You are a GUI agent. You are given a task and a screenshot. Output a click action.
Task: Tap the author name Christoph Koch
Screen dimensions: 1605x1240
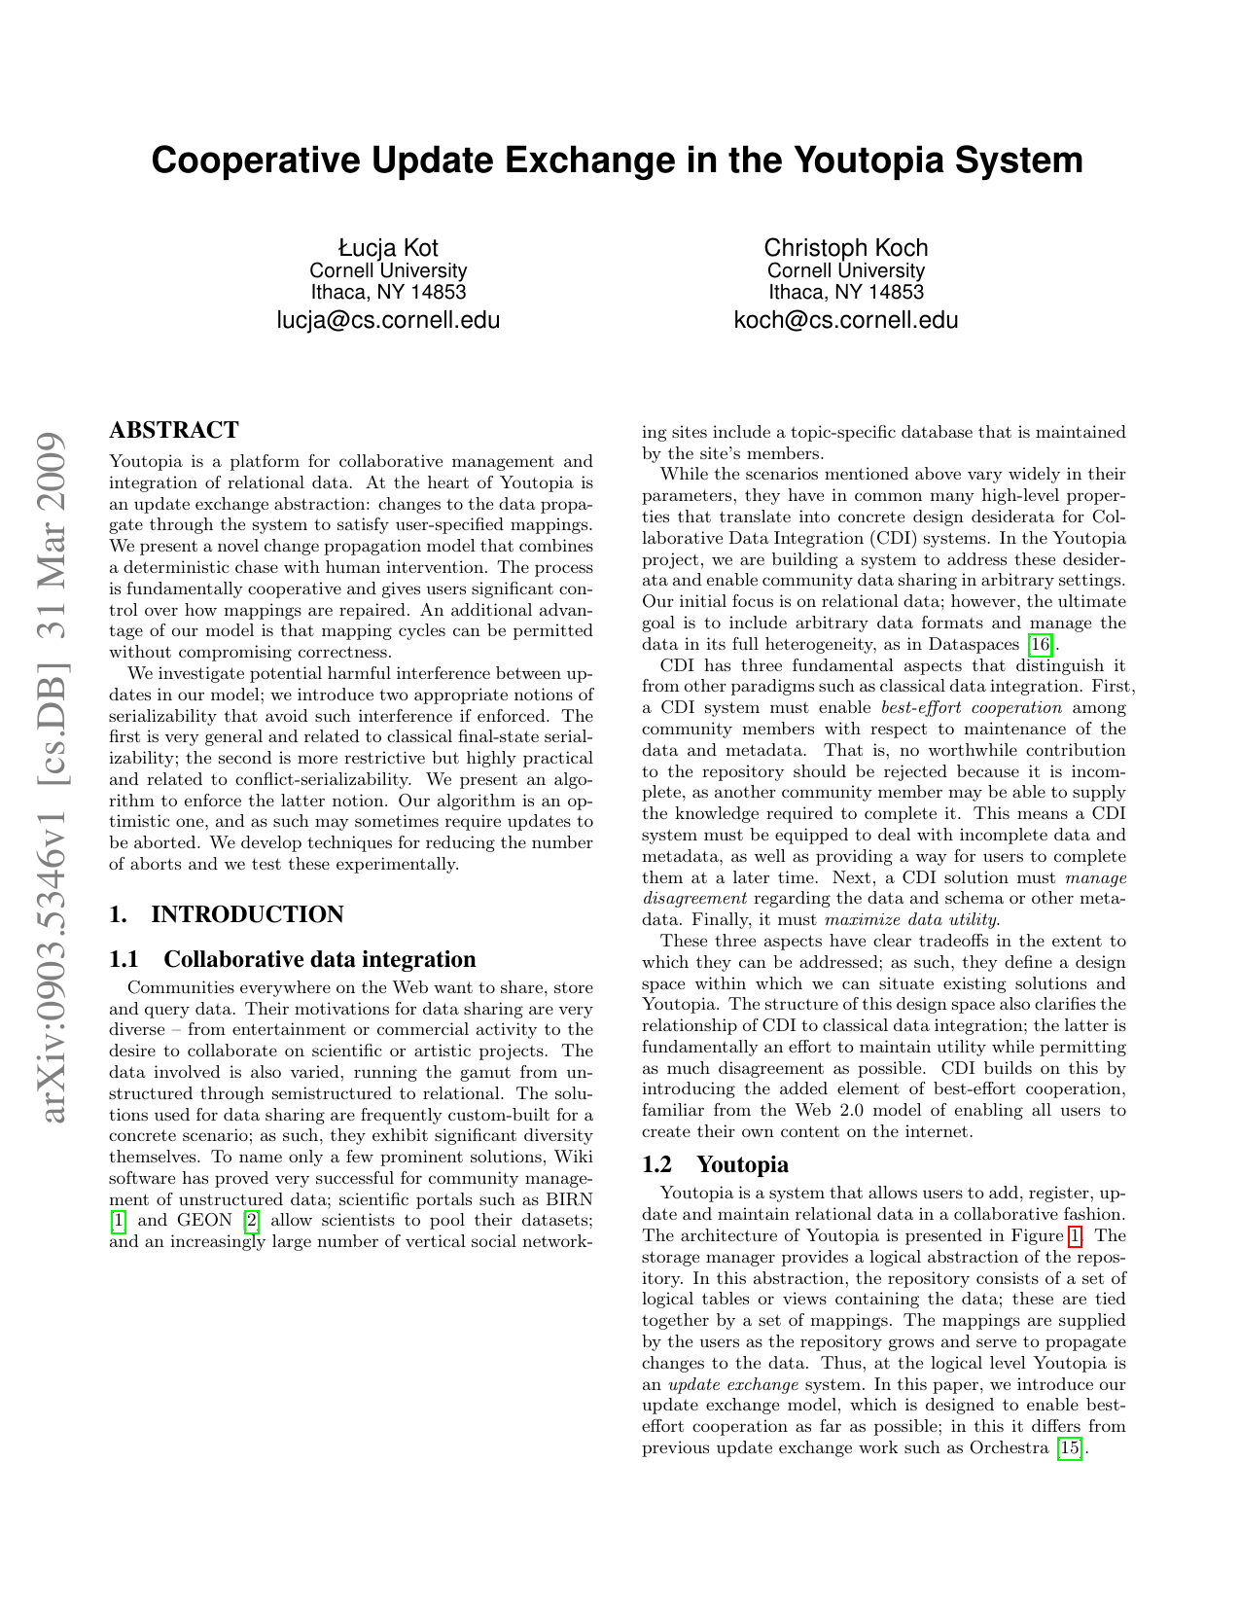tap(845, 247)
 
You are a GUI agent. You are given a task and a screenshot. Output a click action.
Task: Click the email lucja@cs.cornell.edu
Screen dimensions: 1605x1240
tap(388, 319)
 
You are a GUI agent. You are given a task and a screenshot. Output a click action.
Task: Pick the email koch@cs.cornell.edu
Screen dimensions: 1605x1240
tap(845, 319)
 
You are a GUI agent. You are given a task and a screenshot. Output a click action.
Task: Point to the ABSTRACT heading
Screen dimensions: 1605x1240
tap(174, 430)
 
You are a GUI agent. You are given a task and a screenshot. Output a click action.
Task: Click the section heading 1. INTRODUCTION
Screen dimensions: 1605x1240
tap(227, 914)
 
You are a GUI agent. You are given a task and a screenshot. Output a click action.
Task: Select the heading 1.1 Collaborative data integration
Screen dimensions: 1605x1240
tap(293, 960)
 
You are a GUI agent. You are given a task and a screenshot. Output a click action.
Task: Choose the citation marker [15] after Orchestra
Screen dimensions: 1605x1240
tap(1069, 1448)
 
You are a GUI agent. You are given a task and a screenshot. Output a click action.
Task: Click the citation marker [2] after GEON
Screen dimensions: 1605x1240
tap(251, 1221)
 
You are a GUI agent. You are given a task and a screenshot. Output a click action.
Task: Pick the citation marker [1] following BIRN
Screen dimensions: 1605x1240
tap(119, 1221)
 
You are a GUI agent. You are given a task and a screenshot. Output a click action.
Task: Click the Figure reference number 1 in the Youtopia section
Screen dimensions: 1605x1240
tap(1074, 1236)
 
